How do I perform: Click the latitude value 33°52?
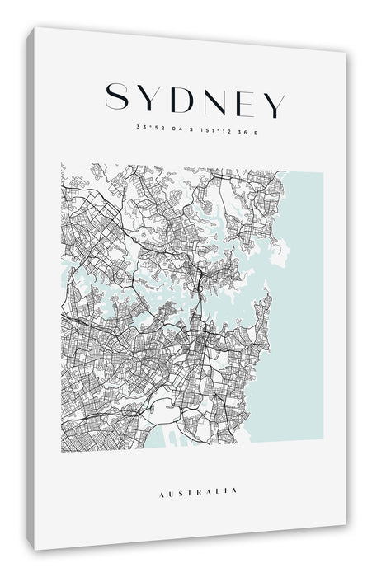[x=150, y=128]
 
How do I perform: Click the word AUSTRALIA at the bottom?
[x=197, y=493]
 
